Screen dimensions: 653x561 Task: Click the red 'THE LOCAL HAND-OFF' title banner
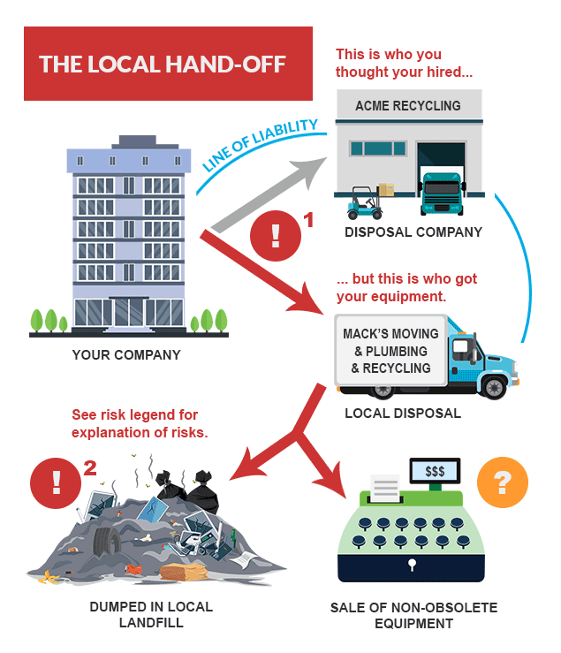168,65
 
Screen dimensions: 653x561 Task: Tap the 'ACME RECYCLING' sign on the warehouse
407,106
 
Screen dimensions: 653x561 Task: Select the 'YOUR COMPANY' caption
127,356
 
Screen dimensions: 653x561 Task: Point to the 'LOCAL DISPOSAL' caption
402,413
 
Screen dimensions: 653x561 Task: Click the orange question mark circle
502,482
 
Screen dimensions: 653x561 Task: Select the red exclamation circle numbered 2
55,482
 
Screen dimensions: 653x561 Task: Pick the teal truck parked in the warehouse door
442,194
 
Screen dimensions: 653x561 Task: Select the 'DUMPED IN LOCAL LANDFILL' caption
151,615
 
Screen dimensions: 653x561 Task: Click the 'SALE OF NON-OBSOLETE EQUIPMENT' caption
413,615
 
